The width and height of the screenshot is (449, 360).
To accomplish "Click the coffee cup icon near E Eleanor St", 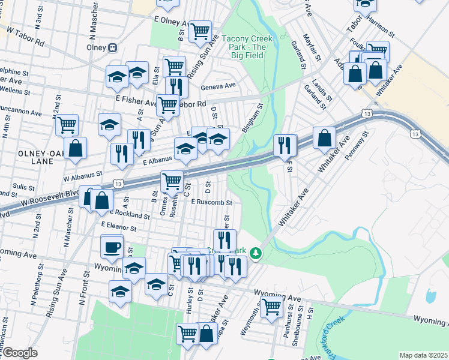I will (112, 247).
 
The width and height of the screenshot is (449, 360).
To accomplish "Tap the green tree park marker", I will (256, 254).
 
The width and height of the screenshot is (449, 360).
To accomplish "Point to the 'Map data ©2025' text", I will (423, 355).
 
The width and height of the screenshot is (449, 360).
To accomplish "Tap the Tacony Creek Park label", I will (247, 47).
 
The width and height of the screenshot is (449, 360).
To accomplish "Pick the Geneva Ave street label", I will (218, 86).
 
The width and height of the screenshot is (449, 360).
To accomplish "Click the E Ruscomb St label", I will (211, 202).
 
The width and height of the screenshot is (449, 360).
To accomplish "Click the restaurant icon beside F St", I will (284, 145).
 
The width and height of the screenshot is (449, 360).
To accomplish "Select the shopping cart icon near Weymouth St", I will (272, 307).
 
